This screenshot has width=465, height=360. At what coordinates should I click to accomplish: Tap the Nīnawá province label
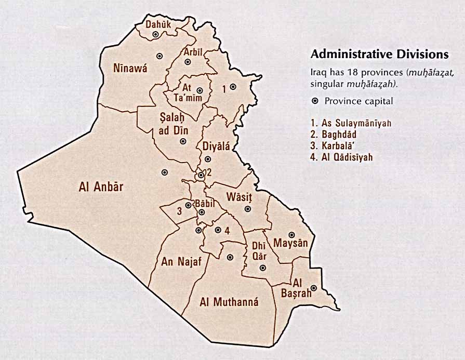coord(130,68)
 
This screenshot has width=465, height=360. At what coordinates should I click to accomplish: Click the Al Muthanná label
coord(229,302)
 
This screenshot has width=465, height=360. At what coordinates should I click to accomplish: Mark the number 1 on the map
coord(224,89)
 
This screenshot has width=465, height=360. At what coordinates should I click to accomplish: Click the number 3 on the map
coord(179,211)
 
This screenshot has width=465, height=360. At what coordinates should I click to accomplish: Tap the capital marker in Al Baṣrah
coord(314,288)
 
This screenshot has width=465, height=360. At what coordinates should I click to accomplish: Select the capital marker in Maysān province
coord(292,234)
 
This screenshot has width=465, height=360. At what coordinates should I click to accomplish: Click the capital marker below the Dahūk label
coord(155,35)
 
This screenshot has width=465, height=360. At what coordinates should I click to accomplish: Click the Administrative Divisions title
coord(379,54)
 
